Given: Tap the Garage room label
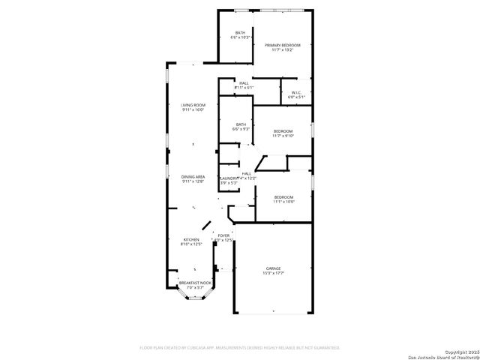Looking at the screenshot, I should [273, 268].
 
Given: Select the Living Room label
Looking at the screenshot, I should [193, 105].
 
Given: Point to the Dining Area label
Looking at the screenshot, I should [193, 176].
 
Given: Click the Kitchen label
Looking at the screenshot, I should [190, 240].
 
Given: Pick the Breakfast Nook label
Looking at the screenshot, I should [194, 283].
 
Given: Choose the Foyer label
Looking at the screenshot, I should [223, 235].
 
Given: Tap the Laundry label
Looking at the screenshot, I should [227, 178].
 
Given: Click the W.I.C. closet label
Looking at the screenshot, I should [296, 92].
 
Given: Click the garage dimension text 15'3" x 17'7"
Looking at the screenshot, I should [273, 273].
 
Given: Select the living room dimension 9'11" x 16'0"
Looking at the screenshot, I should [193, 110].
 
